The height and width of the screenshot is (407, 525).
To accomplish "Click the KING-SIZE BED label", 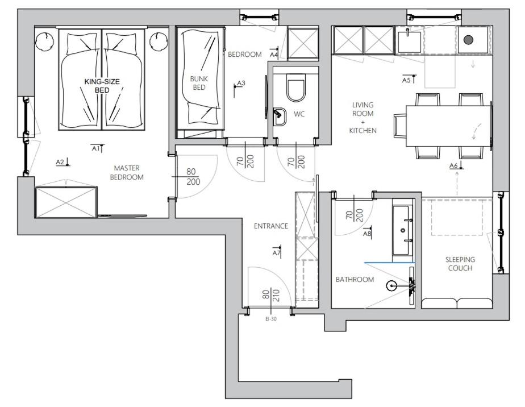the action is pos(102,86).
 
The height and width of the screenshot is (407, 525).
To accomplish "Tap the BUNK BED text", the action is pos(199,83).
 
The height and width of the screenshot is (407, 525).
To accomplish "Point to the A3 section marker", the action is pos(239,86).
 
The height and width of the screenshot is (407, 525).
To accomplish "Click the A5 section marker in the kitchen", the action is pos(409,80).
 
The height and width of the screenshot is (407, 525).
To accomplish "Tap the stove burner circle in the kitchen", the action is pos(468,40).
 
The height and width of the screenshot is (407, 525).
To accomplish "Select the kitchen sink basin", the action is pos(409,42).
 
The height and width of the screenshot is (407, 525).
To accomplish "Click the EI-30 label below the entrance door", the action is pos(271,319).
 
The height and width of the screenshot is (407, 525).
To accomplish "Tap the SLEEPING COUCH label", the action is pos(460,264).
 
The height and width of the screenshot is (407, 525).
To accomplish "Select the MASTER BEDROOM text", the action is pos(127,172).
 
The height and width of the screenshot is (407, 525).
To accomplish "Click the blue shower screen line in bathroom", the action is pos(390,263).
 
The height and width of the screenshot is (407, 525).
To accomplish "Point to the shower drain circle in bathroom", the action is pos(391,286).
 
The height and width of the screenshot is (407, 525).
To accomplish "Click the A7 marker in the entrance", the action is pos(277,252).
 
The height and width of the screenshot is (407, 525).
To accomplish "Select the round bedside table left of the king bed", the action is pos(45,41).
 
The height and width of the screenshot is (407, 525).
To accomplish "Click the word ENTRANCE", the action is pos(271,226).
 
